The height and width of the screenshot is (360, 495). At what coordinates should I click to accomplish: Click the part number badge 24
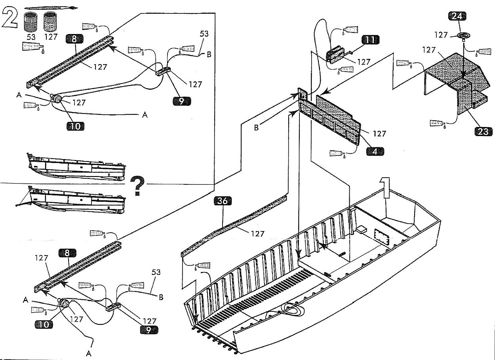[458, 16]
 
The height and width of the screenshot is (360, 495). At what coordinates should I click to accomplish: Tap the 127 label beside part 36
[257, 234]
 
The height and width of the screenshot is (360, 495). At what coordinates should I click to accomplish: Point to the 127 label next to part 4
[379, 134]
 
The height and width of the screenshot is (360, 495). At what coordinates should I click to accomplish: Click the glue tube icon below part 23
[437, 123]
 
